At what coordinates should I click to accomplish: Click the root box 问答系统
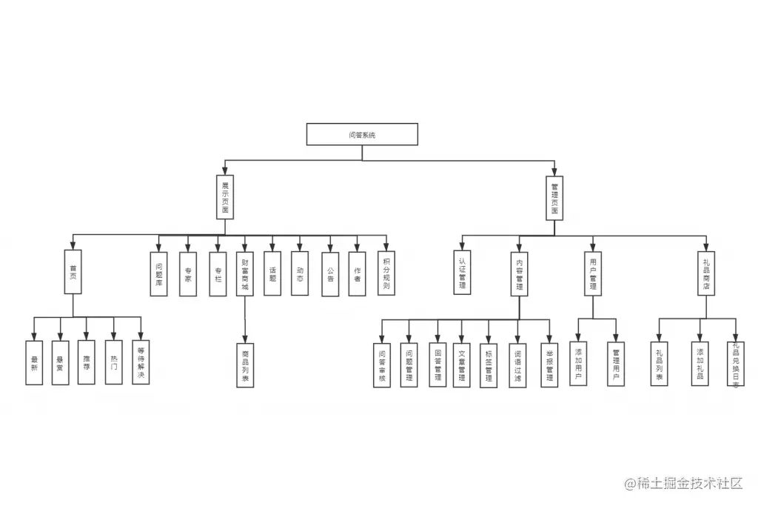(x=362, y=134)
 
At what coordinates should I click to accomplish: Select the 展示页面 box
(x=225, y=197)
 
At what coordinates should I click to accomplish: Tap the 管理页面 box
(x=554, y=197)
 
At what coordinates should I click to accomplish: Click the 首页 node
(x=73, y=273)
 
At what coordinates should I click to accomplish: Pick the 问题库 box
(x=158, y=273)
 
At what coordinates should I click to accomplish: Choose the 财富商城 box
(x=245, y=273)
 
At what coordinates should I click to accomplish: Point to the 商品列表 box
(x=245, y=366)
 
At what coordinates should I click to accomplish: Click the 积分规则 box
(x=386, y=273)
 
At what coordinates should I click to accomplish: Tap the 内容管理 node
(x=519, y=273)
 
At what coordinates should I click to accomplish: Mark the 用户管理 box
(x=593, y=273)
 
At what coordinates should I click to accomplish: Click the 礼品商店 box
(x=706, y=273)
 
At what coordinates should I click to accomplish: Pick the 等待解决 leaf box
(x=140, y=362)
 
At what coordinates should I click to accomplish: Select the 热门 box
(x=113, y=362)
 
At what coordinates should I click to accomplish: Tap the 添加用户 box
(x=579, y=364)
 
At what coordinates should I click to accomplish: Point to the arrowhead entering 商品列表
(x=245, y=339)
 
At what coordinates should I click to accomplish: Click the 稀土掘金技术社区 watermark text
(x=683, y=484)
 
